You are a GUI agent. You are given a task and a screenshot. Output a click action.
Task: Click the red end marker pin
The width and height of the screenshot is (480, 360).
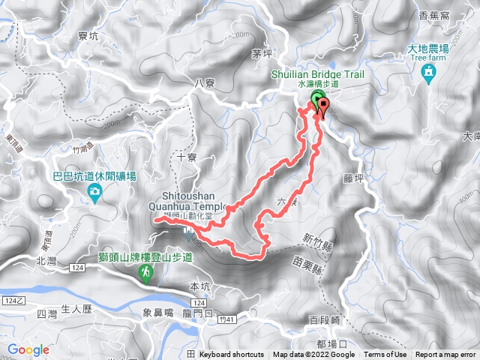click(323, 106)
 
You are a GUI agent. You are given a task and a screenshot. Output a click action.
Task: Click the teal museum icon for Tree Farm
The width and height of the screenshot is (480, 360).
click(429, 72)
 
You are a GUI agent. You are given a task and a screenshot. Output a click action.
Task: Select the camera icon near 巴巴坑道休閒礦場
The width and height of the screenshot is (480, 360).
click(94, 193)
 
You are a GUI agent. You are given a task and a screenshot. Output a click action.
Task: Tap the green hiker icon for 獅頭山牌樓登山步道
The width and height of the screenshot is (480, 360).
click(145, 275)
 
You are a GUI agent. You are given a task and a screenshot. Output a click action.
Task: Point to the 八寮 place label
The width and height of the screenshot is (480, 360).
click(205, 84)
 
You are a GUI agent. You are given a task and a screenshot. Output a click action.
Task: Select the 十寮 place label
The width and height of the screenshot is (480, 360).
click(187, 157)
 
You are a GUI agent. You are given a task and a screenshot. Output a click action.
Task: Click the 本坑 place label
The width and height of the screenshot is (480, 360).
click(202, 286)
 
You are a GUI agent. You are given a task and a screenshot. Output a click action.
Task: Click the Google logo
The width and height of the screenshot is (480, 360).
click(28, 349)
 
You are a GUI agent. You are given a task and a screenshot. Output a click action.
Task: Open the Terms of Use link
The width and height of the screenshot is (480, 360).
click(385, 355)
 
